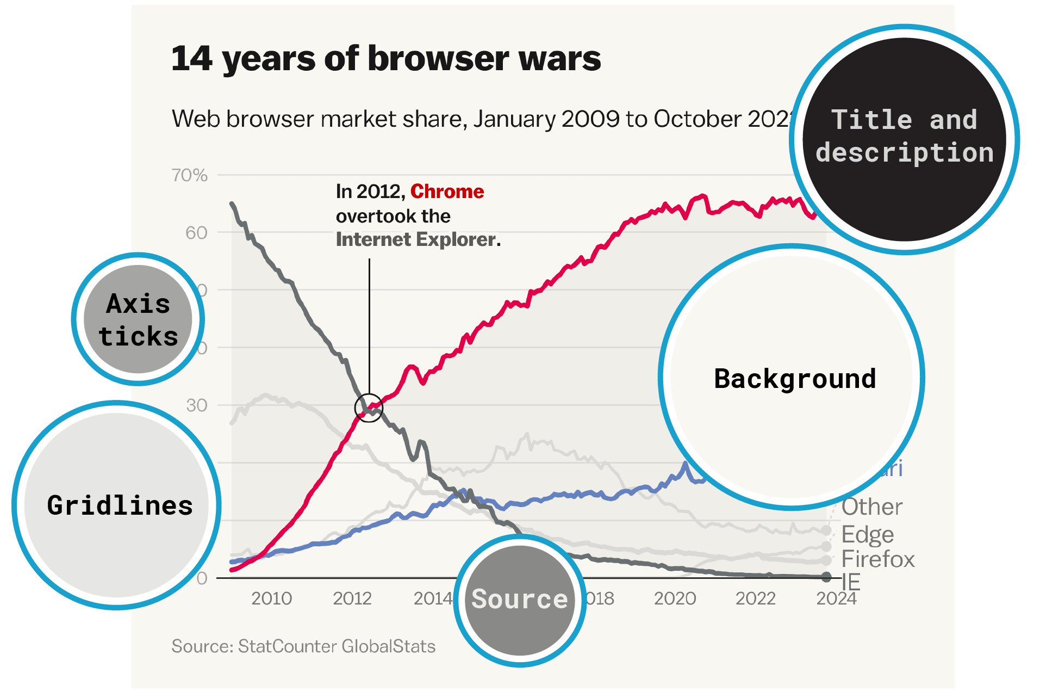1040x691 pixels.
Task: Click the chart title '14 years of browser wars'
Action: (x=386, y=59)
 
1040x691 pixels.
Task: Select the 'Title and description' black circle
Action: (x=904, y=139)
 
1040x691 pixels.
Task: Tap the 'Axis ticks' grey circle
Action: (x=138, y=319)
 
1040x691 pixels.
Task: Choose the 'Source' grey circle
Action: (x=520, y=600)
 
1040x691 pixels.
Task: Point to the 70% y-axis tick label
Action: (x=190, y=175)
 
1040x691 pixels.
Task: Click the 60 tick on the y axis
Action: (x=196, y=233)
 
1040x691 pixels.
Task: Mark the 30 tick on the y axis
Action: (x=196, y=405)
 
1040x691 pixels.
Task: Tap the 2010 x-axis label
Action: (x=271, y=599)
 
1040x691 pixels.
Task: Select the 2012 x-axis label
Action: (x=352, y=599)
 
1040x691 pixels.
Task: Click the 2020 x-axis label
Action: (x=675, y=599)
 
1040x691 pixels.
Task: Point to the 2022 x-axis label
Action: (x=755, y=599)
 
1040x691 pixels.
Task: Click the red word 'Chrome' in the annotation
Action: (x=447, y=192)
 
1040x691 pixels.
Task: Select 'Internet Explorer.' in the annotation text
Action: (x=418, y=239)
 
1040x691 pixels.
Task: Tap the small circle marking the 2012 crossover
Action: (x=369, y=408)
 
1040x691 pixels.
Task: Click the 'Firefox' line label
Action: (x=878, y=559)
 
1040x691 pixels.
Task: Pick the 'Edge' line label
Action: (x=868, y=535)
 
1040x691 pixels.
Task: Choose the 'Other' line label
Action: (x=872, y=507)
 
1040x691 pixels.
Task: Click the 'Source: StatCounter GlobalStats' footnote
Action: (x=303, y=646)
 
